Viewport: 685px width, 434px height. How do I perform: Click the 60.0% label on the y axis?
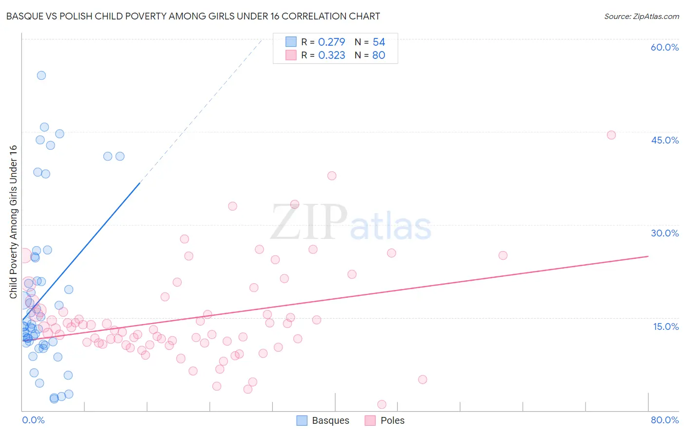[x=665, y=47]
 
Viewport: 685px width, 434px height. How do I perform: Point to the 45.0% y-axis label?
[x=665, y=140]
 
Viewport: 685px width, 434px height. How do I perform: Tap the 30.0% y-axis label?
[x=665, y=233]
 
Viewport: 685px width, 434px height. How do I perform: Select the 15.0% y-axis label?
[x=666, y=326]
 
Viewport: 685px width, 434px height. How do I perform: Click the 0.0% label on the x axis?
[x=33, y=420]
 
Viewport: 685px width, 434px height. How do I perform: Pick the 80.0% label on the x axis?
[x=665, y=420]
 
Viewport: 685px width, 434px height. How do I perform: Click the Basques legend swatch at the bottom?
[x=302, y=420]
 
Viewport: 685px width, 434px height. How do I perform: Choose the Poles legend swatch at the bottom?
[x=371, y=420]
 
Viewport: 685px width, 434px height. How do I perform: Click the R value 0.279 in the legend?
[x=331, y=42]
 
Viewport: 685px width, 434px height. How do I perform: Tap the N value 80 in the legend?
[x=379, y=55]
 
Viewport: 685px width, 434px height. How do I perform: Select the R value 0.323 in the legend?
[x=331, y=55]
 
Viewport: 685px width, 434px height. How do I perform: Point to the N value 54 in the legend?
[x=379, y=42]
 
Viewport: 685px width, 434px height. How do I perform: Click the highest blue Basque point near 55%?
[x=41, y=75]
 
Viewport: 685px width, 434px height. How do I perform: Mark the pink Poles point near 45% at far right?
[x=611, y=135]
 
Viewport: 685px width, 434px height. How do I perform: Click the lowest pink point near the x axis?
[x=382, y=404]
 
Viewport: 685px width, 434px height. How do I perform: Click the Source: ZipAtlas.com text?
[x=641, y=17]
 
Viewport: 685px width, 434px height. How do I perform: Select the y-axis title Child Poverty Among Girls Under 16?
[x=13, y=221]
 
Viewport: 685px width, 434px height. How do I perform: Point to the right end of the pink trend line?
[x=648, y=256]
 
